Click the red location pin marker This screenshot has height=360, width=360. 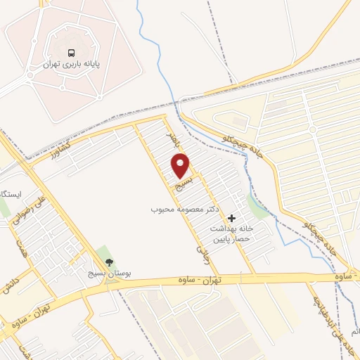(x=181, y=166)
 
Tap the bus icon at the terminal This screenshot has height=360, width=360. (x=71, y=53)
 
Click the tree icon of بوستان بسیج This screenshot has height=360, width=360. (x=108, y=262)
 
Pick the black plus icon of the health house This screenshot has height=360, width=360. (x=232, y=219)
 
